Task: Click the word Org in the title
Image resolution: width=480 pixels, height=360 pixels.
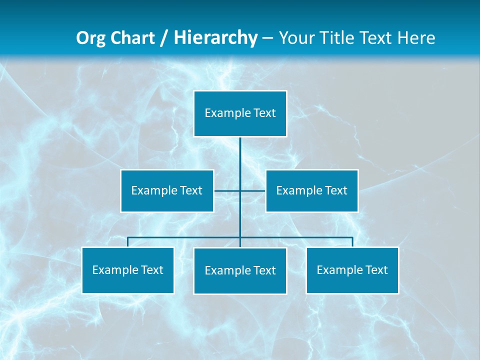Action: (x=90, y=38)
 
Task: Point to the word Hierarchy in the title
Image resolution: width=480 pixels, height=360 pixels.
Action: (x=215, y=38)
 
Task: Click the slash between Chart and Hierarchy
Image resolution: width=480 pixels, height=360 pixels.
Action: (x=164, y=38)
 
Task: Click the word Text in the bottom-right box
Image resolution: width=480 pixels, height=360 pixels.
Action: (x=376, y=270)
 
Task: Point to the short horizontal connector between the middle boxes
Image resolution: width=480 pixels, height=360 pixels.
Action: (x=227, y=190)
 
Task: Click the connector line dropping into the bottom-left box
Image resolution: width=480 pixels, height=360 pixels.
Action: (x=127, y=242)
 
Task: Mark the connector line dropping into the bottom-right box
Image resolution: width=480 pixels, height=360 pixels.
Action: (x=352, y=242)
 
